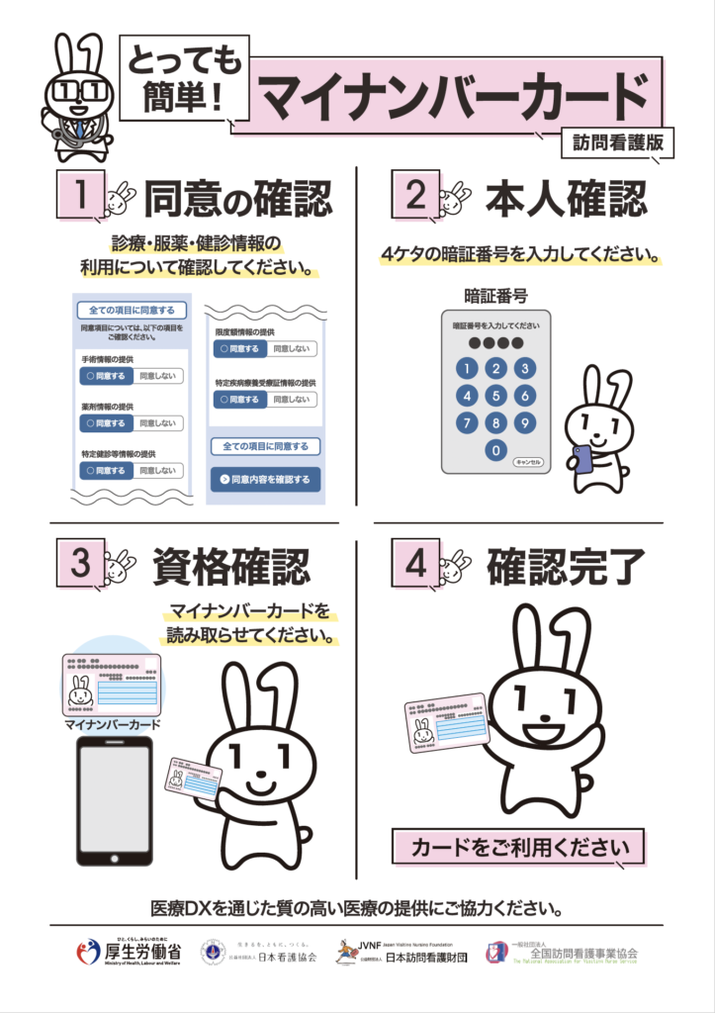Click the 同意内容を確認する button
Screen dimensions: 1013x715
(265, 480)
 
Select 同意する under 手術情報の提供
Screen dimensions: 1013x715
(106, 376)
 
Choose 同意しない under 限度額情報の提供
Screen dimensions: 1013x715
(290, 349)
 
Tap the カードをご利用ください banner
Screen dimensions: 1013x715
(519, 848)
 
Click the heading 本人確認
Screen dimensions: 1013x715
(566, 197)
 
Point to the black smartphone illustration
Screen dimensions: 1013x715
(115, 800)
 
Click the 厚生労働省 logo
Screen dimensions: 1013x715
(129, 953)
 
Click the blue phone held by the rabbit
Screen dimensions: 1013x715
(582, 458)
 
